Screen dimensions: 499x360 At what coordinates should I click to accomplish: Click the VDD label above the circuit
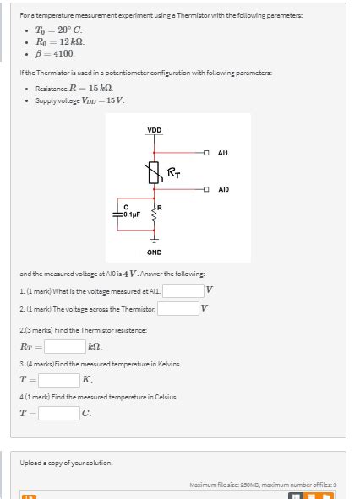coord(155,130)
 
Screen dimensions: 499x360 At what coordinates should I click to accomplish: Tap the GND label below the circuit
coord(155,252)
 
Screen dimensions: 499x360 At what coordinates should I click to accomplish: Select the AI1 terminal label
coord(223,152)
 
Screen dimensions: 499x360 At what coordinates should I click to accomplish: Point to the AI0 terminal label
coord(223,190)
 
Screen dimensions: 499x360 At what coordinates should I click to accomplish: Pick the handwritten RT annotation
coord(174,174)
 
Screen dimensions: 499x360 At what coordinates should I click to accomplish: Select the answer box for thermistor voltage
coord(177,309)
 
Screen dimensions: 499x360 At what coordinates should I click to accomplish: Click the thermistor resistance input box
coord(64,345)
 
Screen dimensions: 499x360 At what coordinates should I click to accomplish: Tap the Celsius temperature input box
coord(58,413)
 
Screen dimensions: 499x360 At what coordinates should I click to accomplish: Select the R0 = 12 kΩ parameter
coord(59,40)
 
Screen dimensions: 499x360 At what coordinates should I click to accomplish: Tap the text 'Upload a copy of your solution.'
coord(67,462)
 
